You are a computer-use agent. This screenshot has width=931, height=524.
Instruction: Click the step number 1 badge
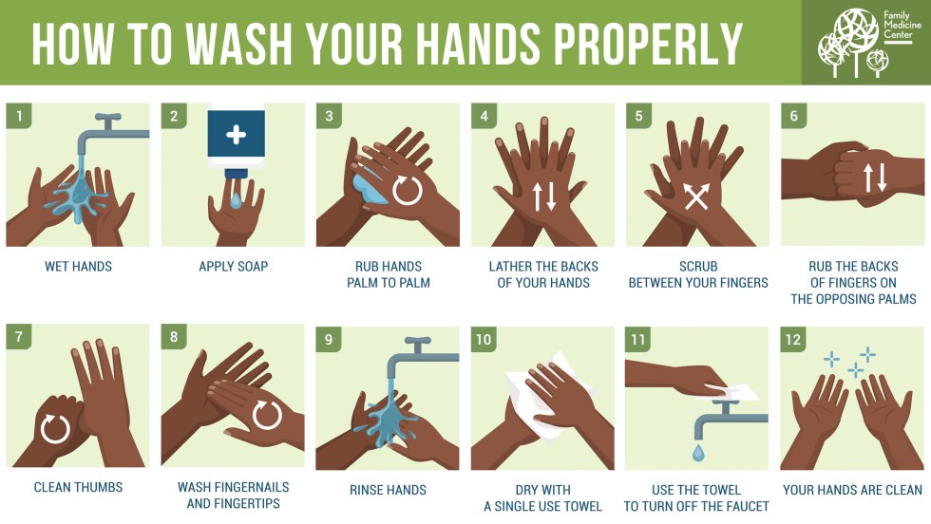[18, 117]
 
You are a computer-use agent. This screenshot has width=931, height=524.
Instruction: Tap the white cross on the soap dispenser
[236, 135]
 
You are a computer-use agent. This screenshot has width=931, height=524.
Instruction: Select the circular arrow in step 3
[407, 190]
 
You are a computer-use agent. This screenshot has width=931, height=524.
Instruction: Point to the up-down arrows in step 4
[544, 195]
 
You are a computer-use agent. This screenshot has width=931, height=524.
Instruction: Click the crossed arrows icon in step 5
[696, 196]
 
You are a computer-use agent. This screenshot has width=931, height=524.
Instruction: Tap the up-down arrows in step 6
[875, 178]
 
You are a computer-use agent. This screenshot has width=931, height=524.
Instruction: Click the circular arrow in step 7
[54, 430]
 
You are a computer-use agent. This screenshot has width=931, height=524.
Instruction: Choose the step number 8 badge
[173, 338]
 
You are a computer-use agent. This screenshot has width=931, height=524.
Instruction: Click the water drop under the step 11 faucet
[698, 453]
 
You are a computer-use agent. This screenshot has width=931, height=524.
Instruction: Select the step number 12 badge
[793, 338]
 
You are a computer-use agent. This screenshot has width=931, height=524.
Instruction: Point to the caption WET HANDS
[78, 267]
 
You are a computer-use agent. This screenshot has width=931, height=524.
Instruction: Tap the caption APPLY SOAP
[233, 267]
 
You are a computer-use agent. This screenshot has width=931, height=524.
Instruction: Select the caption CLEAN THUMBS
[78, 488]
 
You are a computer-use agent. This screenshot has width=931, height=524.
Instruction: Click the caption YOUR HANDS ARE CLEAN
[852, 490]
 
